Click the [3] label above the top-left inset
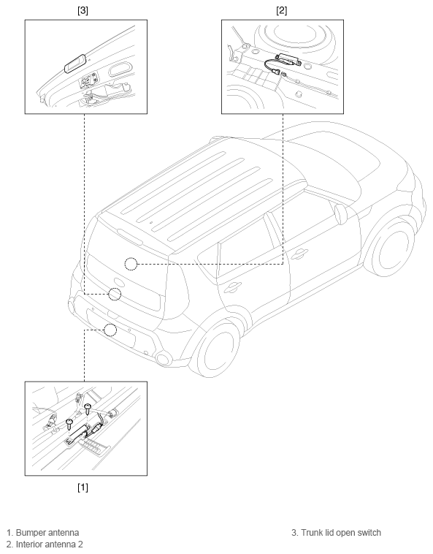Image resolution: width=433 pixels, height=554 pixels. point(83,11)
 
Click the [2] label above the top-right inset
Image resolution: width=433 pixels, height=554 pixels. point(282,11)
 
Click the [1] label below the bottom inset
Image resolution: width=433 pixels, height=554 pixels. point(83,487)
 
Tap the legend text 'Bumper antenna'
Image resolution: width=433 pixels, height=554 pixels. point(47,533)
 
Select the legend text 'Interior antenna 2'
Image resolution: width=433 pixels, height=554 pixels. point(50,544)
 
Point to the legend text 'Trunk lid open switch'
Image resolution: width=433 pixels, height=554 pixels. point(341,533)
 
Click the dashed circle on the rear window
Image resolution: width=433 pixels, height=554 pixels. point(131,264)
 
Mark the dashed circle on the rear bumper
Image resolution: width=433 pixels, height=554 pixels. point(110,330)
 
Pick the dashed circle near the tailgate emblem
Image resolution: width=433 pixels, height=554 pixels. point(115,294)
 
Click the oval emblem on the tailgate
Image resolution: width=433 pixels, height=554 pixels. point(119,282)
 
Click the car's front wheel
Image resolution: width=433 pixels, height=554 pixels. point(393,248)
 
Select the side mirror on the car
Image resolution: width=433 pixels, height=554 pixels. point(342,213)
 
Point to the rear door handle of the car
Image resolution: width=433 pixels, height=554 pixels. point(233,287)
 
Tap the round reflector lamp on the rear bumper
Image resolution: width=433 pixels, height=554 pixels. point(164,358)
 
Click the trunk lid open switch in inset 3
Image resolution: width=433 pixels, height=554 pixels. point(74,64)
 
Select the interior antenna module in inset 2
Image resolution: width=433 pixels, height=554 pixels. point(288,59)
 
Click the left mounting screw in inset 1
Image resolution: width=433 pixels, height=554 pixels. point(69,423)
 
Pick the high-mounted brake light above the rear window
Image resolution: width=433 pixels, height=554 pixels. point(130,237)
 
